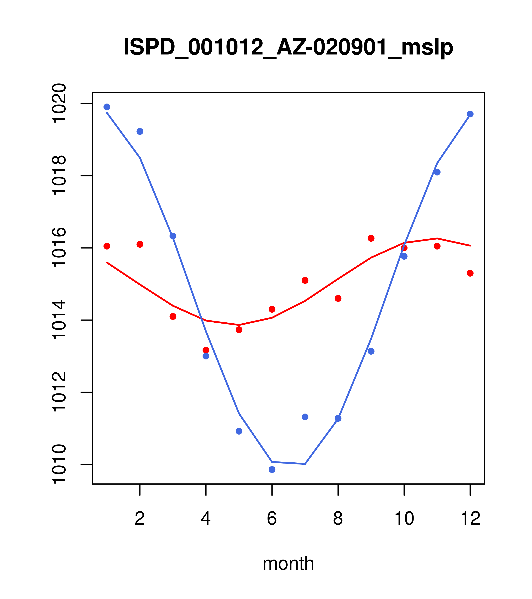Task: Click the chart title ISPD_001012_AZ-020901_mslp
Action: point(288,47)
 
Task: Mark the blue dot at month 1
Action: point(107,107)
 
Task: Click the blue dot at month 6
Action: point(272,470)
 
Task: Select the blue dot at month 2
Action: point(140,131)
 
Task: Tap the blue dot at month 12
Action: point(470,114)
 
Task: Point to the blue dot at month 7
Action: point(305,417)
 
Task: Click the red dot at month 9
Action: point(371,238)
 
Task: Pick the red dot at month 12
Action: point(470,273)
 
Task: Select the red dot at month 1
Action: point(107,246)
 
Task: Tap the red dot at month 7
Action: point(305,281)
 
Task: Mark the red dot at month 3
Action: point(173,316)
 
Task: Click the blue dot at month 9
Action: point(371,351)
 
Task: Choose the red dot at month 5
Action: point(239,330)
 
